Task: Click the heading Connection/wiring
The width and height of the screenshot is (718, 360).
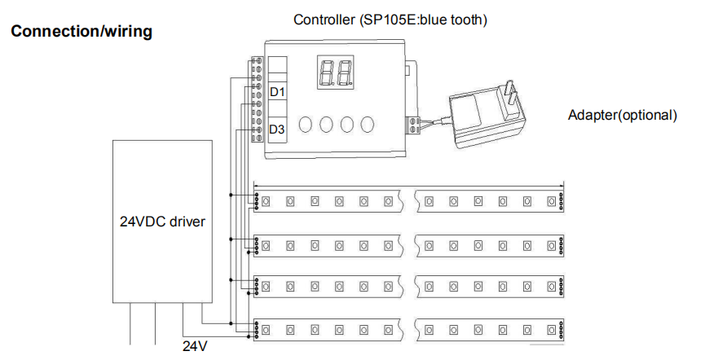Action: [81, 33]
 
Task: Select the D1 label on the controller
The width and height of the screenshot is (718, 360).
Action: [277, 92]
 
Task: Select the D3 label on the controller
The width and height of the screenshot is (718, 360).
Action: [277, 130]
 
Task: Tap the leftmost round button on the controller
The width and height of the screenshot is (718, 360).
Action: [306, 125]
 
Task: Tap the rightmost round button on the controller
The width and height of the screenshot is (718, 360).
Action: [367, 125]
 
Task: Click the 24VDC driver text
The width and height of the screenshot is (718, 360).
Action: [163, 221]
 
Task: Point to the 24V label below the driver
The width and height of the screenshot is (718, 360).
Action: [195, 346]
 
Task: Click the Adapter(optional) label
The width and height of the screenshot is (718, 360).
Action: [623, 115]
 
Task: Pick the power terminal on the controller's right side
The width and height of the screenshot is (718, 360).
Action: [415, 124]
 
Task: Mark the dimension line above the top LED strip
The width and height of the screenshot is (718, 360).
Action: [407, 183]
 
